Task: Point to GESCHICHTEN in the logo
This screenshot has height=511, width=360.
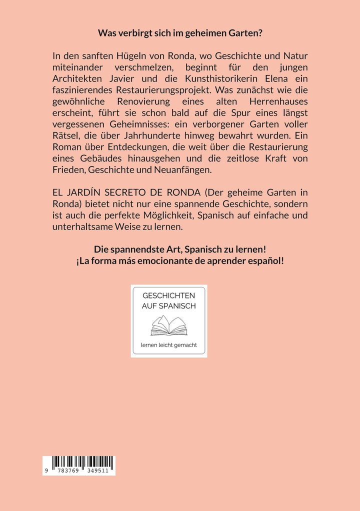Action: coord(169,295)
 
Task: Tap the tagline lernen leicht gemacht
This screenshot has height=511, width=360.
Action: coord(169,345)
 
